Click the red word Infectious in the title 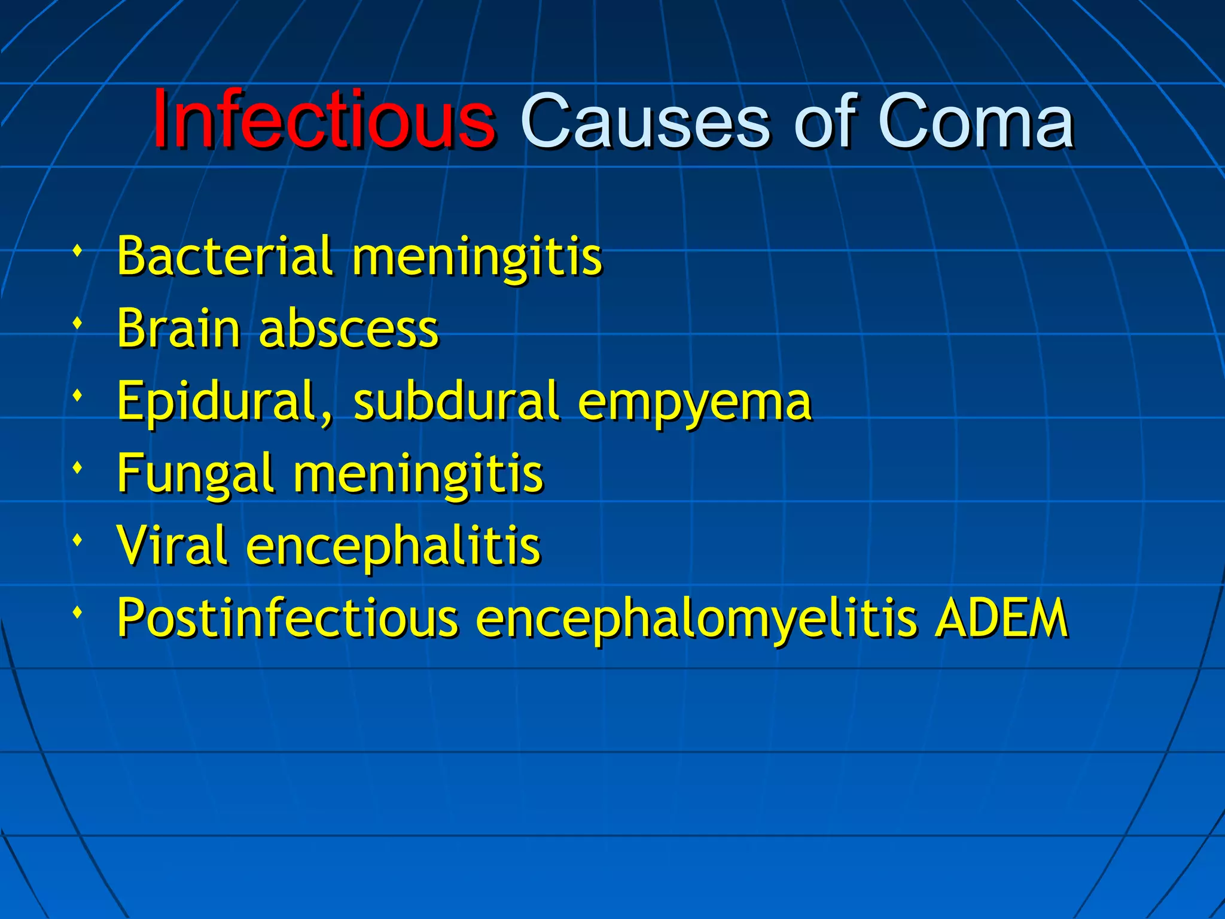324,120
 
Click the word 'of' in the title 823,123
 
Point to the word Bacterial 224,256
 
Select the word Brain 178,328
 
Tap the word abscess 349,330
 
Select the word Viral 172,546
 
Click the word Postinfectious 287,618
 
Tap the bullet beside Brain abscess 77,324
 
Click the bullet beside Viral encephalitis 77,540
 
